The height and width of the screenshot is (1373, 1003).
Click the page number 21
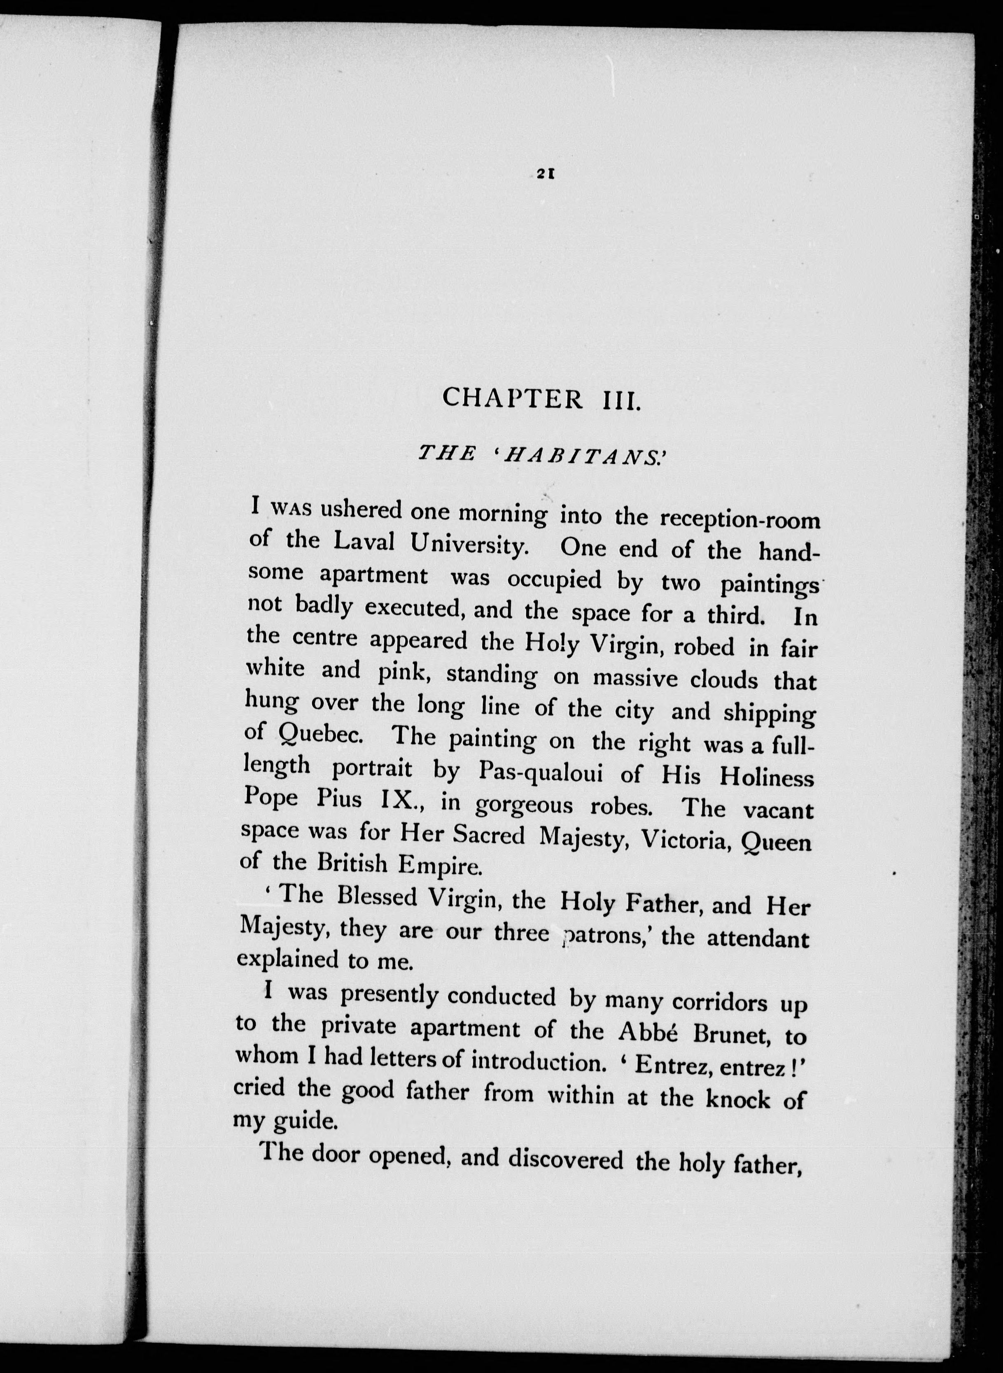pos(543,174)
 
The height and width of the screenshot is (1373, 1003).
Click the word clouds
pos(724,680)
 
